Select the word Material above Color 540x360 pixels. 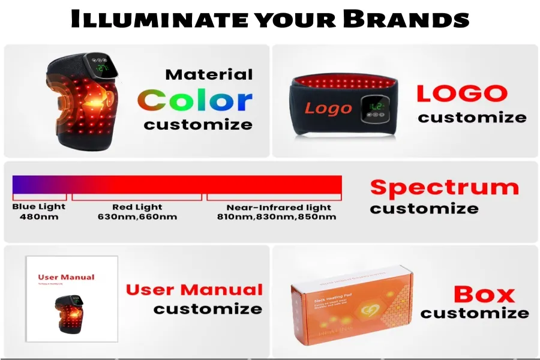pyautogui.click(x=209, y=75)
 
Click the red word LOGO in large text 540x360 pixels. pyautogui.click(x=462, y=94)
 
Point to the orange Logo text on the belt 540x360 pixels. pyautogui.click(x=328, y=109)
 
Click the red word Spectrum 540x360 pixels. pyautogui.click(x=444, y=187)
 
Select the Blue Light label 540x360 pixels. pyautogui.click(x=39, y=207)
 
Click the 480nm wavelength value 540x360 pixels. pyautogui.click(x=39, y=217)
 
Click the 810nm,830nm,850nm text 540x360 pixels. pyautogui.click(x=277, y=217)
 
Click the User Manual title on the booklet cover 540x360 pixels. pyautogui.click(x=66, y=277)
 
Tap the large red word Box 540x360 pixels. pyautogui.click(x=484, y=295)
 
